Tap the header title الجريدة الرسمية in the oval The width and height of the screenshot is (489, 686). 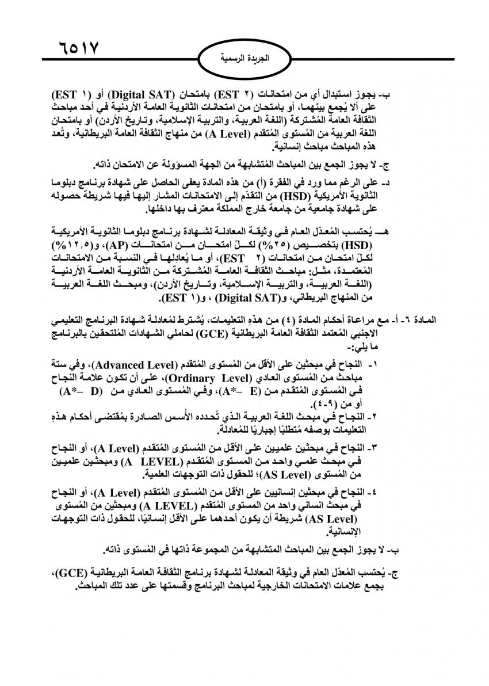[x=244, y=59]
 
